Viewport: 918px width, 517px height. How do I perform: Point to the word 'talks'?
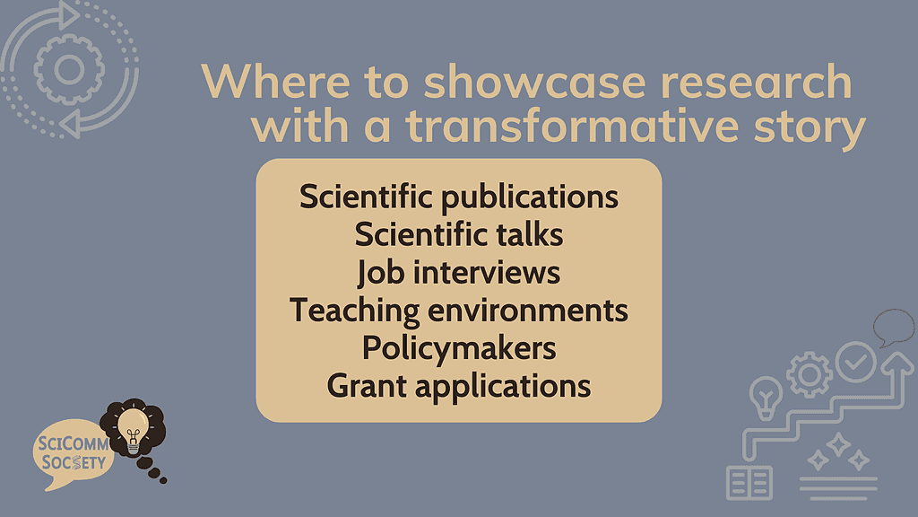tap(531, 234)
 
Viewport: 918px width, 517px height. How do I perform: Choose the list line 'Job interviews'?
tap(458, 272)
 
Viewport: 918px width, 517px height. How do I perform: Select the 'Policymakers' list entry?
tap(458, 347)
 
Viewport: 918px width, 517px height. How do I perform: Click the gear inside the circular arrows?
tap(67, 68)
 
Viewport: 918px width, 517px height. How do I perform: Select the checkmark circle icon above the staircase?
tap(855, 362)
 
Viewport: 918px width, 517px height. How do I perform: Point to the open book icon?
tap(749, 482)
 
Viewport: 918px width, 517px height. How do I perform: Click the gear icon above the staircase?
tap(810, 375)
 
